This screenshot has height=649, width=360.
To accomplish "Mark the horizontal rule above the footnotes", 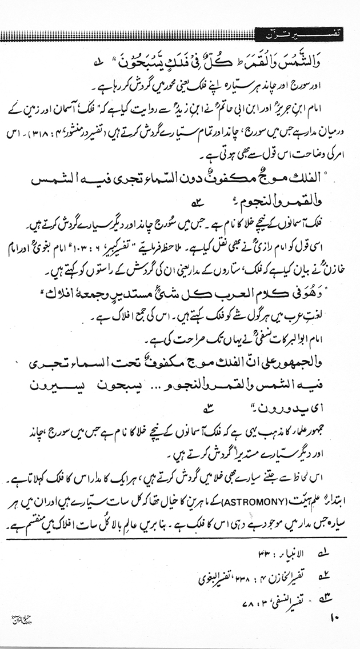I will pos(180,538).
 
